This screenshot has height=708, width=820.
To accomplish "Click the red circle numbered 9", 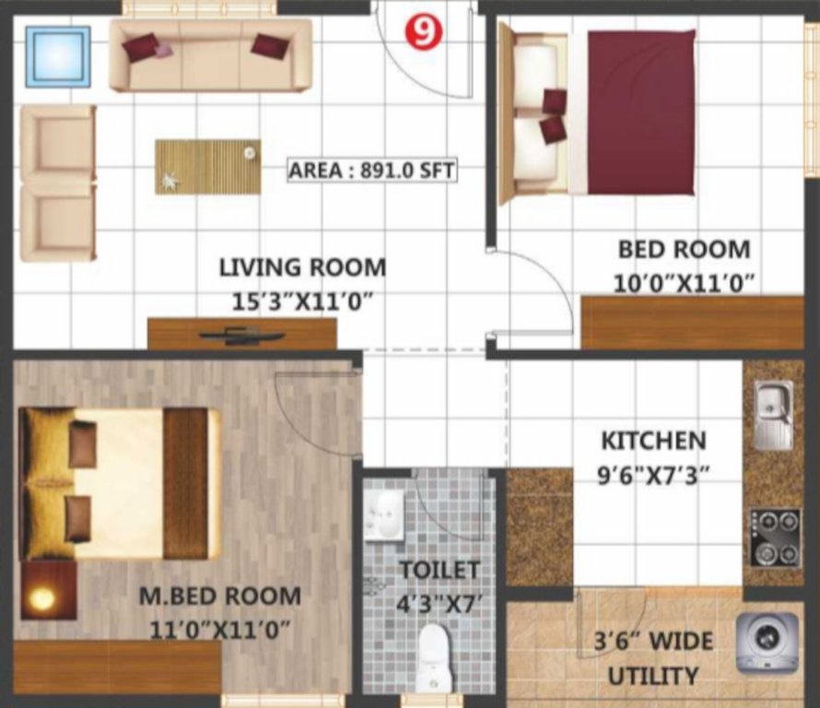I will coord(423,32).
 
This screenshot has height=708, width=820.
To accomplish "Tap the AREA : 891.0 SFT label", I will coord(372,171).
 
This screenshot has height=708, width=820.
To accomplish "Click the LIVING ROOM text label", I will coord(302,267).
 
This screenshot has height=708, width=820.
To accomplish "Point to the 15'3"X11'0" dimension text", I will coord(302,301).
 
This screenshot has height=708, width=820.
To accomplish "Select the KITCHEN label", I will coord(653,441).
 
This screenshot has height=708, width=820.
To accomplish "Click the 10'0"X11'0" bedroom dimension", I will coord(685,281).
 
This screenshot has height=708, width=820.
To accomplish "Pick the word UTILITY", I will coord(653,676).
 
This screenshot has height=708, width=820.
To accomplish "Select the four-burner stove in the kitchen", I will coord(774,537).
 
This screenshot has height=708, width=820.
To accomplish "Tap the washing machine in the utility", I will coord(767,642).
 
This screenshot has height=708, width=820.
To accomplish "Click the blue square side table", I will coord(58,56).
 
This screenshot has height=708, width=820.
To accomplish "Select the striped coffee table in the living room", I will coord(207,167).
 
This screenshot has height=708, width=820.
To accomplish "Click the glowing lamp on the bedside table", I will coord(41,599).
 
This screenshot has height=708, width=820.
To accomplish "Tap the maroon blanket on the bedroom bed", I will coord(641,112).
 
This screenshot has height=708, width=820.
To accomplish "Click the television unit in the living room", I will coord(241,336).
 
